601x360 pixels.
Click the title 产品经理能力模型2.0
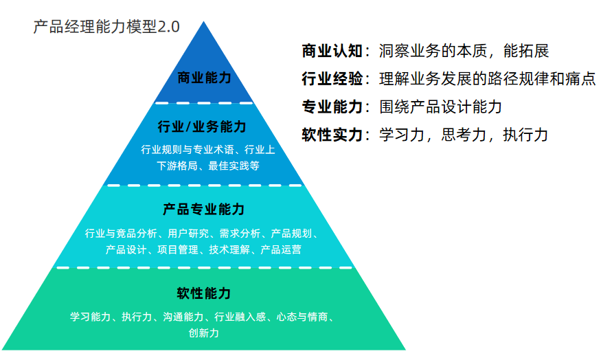pos(106,27)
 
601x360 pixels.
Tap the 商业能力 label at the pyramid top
pos(204,78)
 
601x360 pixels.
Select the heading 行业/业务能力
pos(202,126)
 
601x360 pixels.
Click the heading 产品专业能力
pos(203,210)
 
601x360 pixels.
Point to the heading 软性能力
pos(203,293)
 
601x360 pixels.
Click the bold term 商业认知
pos(332,51)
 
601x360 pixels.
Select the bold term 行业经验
pos(332,79)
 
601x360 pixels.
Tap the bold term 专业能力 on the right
pos(332,107)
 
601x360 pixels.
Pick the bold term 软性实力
pos(332,135)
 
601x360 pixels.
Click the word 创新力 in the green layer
pos(203,333)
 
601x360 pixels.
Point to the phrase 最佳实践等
pos(234,166)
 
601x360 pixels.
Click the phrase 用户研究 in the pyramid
pos(188,233)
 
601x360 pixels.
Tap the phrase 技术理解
pos(229,249)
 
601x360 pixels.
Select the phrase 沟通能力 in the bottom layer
pos(183,317)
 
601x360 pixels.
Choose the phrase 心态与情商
pos(302,317)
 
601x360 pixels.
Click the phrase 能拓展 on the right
pos(526,51)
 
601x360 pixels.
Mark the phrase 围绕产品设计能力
pos(441,107)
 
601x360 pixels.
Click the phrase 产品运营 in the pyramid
pos(281,249)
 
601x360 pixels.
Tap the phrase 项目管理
pos(178,249)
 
